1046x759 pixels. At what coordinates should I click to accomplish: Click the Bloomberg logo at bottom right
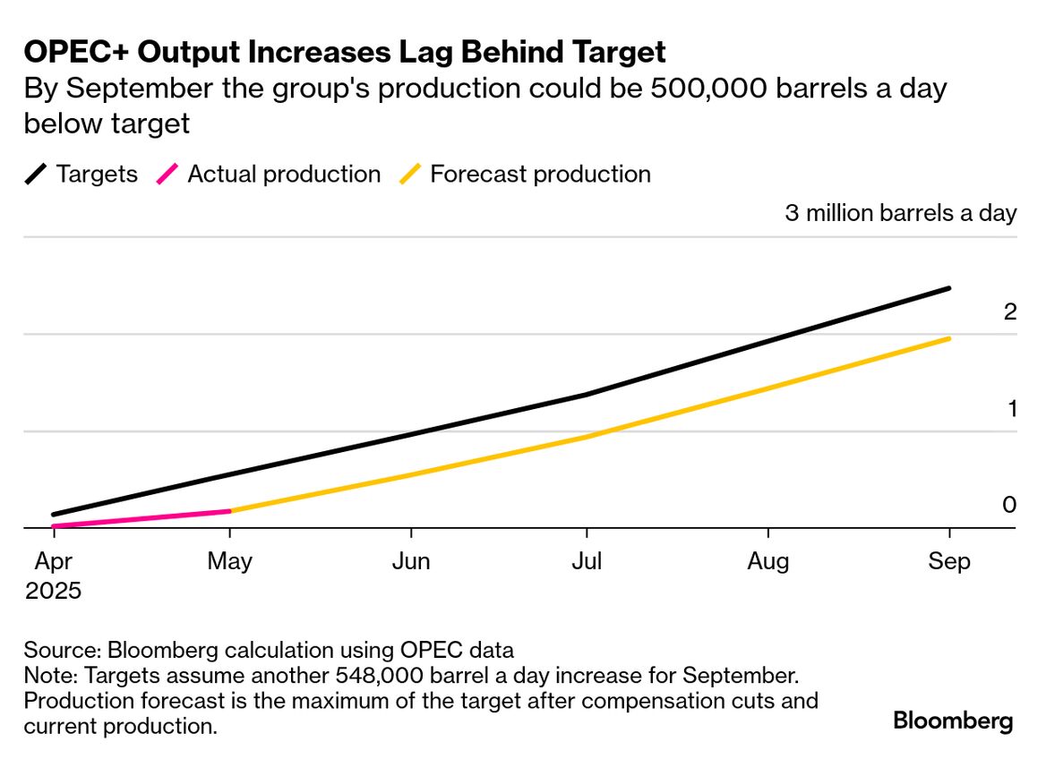click(953, 721)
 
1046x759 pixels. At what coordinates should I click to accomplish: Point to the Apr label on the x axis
click(53, 561)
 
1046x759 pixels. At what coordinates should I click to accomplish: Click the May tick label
click(230, 561)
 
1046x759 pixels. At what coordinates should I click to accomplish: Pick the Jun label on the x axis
click(411, 561)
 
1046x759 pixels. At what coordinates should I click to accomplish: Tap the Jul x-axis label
click(587, 561)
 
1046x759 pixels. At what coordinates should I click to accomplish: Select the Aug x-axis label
click(768, 561)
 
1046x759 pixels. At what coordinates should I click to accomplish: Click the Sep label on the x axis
click(948, 561)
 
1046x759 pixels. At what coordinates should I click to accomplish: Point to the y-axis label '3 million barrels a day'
click(901, 213)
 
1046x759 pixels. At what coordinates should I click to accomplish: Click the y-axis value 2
click(1010, 312)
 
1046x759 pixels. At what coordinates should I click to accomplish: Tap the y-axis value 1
click(1010, 409)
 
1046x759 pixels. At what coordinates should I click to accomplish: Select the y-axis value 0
click(1010, 506)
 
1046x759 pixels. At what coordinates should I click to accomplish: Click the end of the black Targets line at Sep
click(948, 288)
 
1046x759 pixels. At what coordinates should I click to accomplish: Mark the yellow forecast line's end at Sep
click(948, 338)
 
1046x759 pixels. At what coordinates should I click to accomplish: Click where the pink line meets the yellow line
click(230, 511)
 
